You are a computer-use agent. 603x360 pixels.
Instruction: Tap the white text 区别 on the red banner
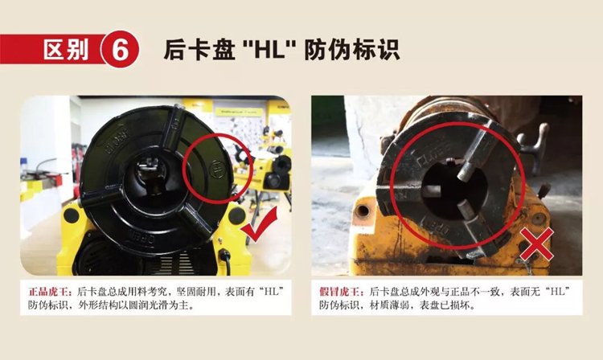click(66, 50)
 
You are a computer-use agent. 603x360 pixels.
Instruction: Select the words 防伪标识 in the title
click(352, 50)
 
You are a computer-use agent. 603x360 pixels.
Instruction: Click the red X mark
click(536, 244)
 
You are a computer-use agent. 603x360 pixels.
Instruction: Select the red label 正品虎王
click(49, 292)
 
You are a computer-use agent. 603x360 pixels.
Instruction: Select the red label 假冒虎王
click(340, 292)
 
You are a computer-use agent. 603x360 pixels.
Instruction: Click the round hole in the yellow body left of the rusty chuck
click(363, 211)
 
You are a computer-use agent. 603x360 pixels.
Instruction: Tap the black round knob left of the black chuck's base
click(71, 215)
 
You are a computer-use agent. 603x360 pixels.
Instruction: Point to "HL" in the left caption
click(273, 292)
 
